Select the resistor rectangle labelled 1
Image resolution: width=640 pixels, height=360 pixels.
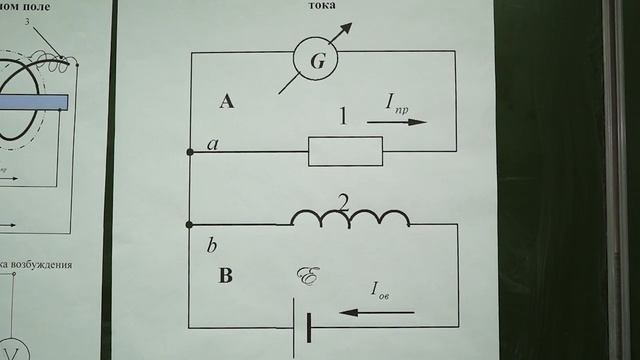(345, 151)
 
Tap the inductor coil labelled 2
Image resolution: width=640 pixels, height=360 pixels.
(349, 219)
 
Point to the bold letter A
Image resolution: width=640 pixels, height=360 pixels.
(226, 100)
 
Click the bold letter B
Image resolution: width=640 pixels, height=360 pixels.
(225, 276)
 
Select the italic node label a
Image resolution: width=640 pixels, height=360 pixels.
(212, 145)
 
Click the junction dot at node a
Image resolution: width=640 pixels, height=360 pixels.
(190, 151)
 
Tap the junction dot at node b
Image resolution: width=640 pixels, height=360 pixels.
(190, 224)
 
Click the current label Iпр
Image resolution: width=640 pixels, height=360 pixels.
(399, 101)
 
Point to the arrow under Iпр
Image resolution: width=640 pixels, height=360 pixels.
(396, 122)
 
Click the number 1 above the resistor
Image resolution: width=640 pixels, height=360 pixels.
(343, 117)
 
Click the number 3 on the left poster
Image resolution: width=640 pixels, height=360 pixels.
(39, 20)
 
